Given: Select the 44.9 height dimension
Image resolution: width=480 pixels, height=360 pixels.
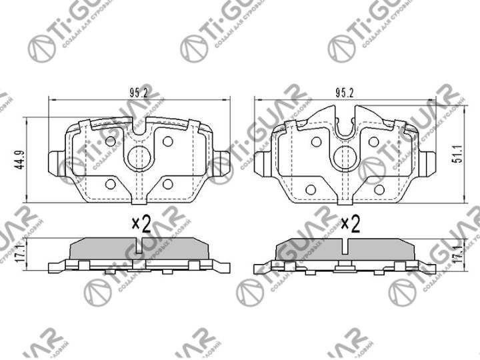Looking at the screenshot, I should pyautogui.click(x=20, y=160).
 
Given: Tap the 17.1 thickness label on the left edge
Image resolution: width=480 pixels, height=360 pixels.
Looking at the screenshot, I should pyautogui.click(x=20, y=254).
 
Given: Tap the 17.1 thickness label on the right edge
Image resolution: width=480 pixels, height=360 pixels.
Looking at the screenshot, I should pyautogui.click(x=458, y=254).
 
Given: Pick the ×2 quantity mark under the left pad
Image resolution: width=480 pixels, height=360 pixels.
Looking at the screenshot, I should pyautogui.click(x=140, y=224).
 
